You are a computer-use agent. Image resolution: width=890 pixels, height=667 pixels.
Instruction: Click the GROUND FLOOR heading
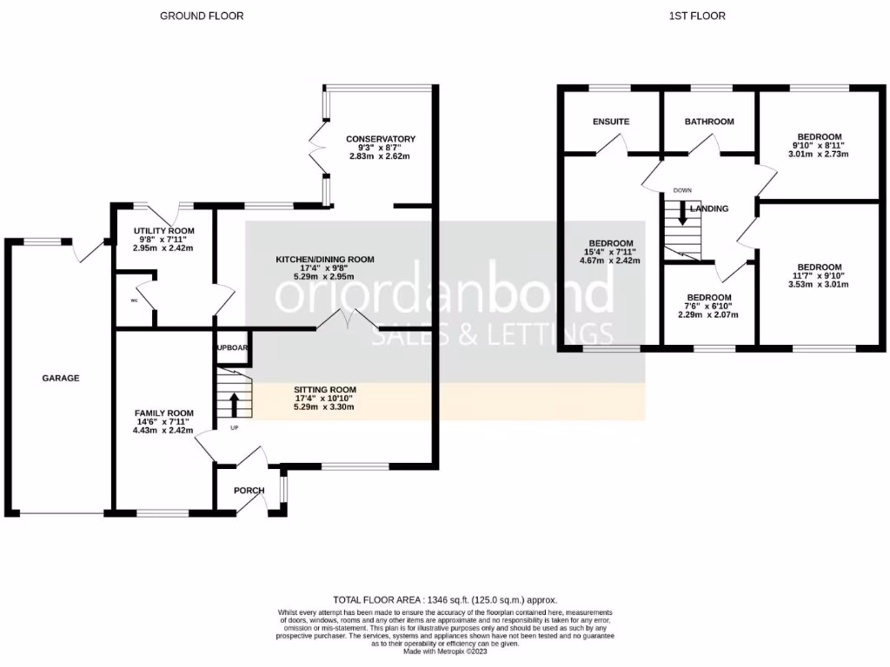pyautogui.click(x=202, y=16)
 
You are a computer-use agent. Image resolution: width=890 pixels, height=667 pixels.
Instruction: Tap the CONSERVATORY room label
pyautogui.click(x=380, y=139)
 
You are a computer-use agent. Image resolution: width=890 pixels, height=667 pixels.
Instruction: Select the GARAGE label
pyautogui.click(x=61, y=379)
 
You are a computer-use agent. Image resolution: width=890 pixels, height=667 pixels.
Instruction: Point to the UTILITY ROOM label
pyautogui.click(x=163, y=231)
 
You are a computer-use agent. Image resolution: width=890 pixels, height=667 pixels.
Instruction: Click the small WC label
pyautogui.click(x=134, y=300)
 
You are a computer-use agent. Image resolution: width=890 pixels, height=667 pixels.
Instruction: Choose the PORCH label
pyautogui.click(x=249, y=491)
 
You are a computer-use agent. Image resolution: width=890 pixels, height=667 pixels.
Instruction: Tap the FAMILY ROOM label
pyautogui.click(x=163, y=413)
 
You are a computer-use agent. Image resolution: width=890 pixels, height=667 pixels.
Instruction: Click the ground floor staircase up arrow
pyautogui.click(x=234, y=404)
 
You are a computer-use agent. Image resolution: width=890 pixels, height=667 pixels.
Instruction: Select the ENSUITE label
pyautogui.click(x=611, y=122)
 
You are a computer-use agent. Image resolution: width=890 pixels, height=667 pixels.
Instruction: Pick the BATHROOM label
pyautogui.click(x=708, y=122)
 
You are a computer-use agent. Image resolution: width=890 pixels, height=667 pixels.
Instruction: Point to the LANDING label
pyautogui.click(x=709, y=209)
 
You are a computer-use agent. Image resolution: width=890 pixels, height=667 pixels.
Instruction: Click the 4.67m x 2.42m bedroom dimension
pyautogui.click(x=611, y=261)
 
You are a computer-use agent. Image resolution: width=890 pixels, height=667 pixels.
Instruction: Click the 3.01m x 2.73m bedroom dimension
pyautogui.click(x=819, y=154)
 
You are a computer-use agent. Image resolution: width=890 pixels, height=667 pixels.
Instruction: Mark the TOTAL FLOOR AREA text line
pyautogui.click(x=445, y=600)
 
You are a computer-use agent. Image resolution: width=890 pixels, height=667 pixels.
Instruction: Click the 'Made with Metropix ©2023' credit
pyautogui.click(x=445, y=652)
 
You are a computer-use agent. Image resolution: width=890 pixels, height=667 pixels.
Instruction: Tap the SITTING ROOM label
pyautogui.click(x=324, y=390)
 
